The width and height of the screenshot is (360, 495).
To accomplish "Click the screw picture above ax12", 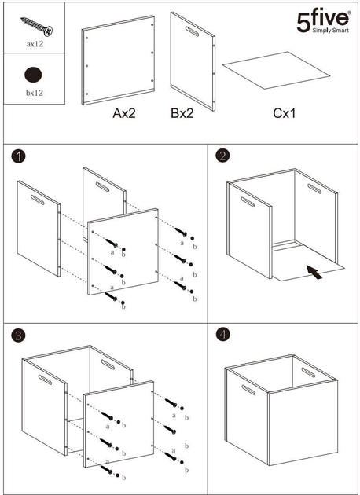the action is pyautogui.click(x=37, y=26).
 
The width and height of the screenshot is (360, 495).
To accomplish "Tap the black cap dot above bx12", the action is pyautogui.click(x=33, y=75).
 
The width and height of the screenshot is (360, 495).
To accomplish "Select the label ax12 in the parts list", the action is pyautogui.click(x=35, y=44).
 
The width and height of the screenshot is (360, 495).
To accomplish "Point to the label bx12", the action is pyautogui.click(x=35, y=93).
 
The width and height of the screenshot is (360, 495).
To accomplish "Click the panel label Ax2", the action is pyautogui.click(x=124, y=113).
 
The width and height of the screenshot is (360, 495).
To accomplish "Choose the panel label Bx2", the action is pyautogui.click(x=182, y=113).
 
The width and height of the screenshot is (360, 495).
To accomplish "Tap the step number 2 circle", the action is pyautogui.click(x=222, y=156).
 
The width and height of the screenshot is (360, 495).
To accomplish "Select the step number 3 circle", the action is pyautogui.click(x=18, y=336).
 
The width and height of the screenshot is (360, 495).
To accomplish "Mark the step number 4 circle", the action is pyautogui.click(x=223, y=335).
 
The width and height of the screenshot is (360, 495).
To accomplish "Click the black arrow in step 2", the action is pyautogui.click(x=314, y=272).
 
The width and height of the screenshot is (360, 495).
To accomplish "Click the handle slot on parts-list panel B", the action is pyautogui.click(x=192, y=31).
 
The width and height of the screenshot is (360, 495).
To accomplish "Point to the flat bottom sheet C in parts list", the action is pyautogui.click(x=277, y=71).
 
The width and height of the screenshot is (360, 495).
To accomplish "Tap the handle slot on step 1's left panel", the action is pyautogui.click(x=38, y=200).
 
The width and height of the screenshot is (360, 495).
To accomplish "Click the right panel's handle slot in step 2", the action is pyautogui.click(x=314, y=189).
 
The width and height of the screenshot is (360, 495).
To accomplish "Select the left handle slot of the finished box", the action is pyautogui.click(x=248, y=390).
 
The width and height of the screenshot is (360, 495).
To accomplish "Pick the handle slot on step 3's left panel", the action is pyautogui.click(x=45, y=379).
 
